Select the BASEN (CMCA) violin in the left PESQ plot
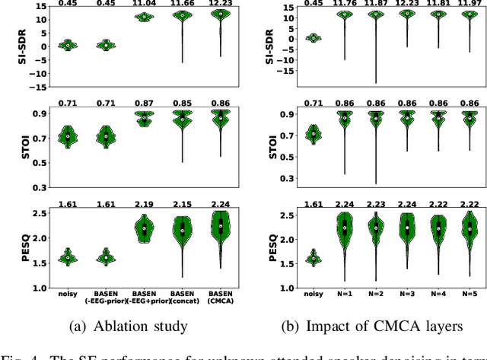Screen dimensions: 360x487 pyautogui.click(x=221, y=226)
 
